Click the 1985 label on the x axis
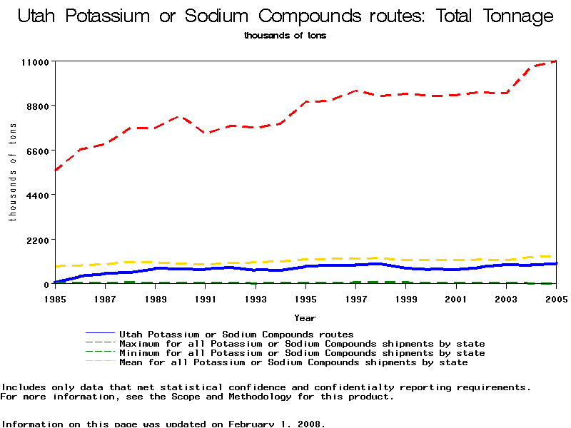[x=54, y=299]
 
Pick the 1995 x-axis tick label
[x=305, y=299]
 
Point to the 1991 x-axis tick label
[x=205, y=299]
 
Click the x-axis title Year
[x=305, y=317]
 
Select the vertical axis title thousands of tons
[x=12, y=172]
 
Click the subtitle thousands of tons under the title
[x=285, y=36]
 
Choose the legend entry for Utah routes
[x=236, y=334]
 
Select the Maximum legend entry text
[x=302, y=344]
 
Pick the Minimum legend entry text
[x=302, y=353]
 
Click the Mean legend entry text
[x=293, y=362]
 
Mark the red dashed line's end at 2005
[x=555, y=62]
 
